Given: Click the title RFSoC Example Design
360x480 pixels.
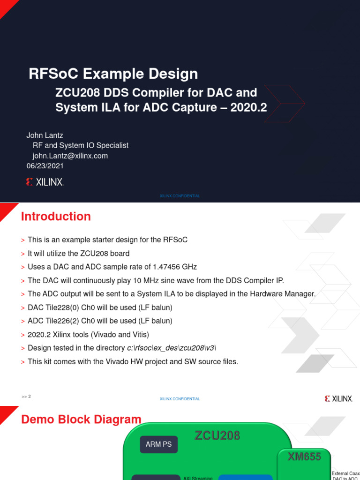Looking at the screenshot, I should [x=113, y=74].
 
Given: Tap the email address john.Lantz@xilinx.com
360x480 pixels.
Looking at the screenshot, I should [x=70, y=156].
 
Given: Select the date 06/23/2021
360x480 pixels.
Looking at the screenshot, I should [x=45, y=166].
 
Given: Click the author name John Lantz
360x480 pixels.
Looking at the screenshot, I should [x=45, y=135].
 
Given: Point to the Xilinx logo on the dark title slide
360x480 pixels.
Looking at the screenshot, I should [x=45, y=182].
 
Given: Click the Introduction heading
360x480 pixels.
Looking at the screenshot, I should [x=56, y=217].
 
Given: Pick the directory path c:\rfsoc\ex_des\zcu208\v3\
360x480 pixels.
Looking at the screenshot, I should [x=172, y=348].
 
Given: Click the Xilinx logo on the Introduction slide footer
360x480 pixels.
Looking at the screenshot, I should [x=338, y=398].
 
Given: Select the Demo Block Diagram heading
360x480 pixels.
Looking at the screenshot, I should [x=82, y=420].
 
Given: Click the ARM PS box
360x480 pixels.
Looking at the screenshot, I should [x=158, y=444].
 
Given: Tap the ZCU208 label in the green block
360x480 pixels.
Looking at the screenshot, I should [x=217, y=436].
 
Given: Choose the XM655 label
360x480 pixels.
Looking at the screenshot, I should [x=304, y=457].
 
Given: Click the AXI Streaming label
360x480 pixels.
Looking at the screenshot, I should [x=198, y=478].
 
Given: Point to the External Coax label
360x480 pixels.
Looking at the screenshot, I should [x=345, y=473].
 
